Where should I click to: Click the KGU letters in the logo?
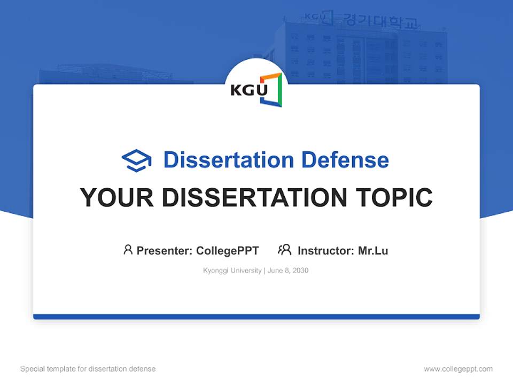click(x=248, y=89)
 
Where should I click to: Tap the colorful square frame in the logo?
click(x=273, y=89)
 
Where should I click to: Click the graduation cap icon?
click(x=136, y=160)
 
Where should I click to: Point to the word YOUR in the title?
click(x=117, y=197)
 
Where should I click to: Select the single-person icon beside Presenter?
click(x=128, y=249)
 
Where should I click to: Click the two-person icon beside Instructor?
click(x=284, y=249)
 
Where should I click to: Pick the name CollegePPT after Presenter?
click(x=228, y=250)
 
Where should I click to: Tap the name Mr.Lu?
click(x=373, y=250)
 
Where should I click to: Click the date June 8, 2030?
click(x=288, y=271)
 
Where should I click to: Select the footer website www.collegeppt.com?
click(x=458, y=369)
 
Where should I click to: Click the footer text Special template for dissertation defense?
click(x=88, y=369)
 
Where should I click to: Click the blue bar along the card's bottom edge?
click(x=256, y=317)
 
